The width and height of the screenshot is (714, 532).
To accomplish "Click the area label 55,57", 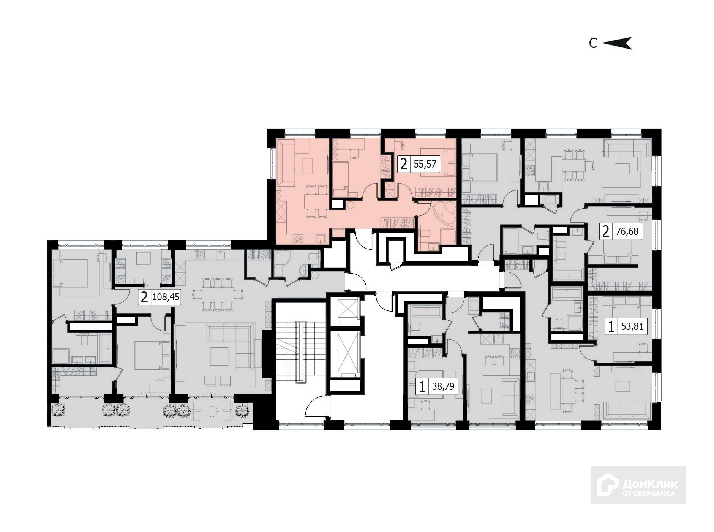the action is click(x=425, y=165).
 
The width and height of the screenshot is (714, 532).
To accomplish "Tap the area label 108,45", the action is click(x=166, y=297).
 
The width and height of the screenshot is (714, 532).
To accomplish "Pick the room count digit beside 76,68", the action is click(x=606, y=231).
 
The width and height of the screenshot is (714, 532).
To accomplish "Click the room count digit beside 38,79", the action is click(x=421, y=387).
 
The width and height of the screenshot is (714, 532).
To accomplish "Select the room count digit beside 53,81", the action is click(x=611, y=326).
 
